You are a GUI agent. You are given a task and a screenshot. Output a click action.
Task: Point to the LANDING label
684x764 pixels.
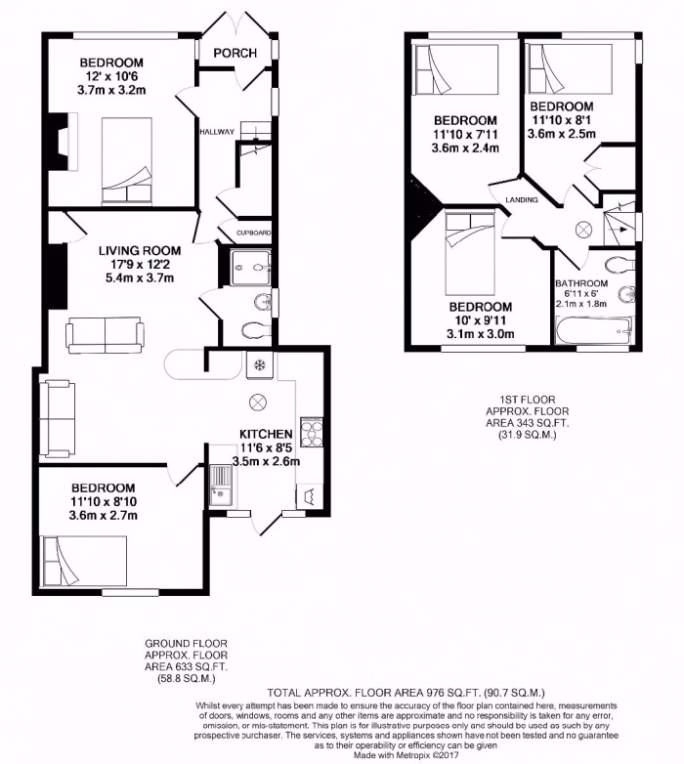(x=519, y=201)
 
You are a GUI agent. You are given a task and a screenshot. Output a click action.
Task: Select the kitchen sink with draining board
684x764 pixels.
(x=221, y=485)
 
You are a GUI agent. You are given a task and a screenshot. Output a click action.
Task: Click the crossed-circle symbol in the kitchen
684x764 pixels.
(x=260, y=401)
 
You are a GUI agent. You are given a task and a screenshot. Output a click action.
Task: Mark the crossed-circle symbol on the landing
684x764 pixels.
(x=583, y=229)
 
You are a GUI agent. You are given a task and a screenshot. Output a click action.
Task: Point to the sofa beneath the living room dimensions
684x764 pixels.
(x=105, y=334)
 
